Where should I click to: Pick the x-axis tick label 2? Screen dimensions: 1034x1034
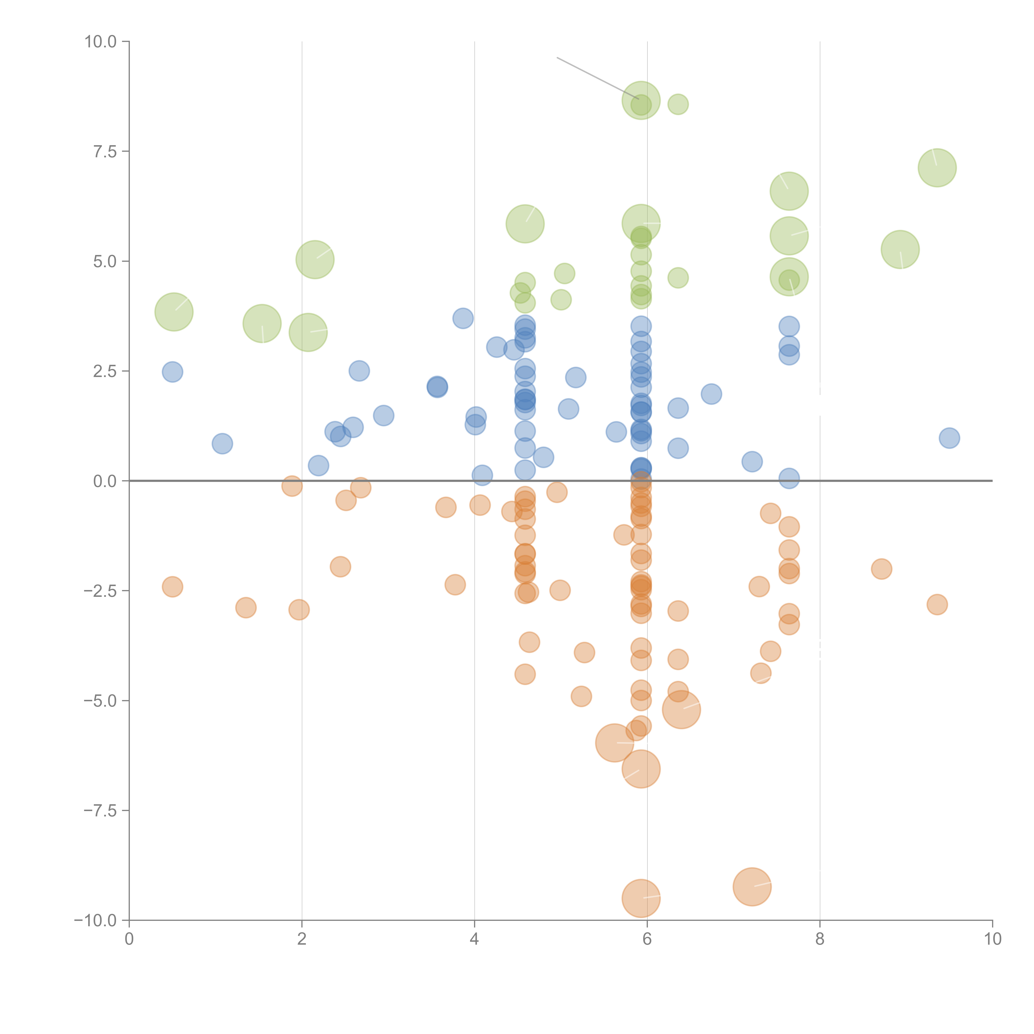(x=302, y=939)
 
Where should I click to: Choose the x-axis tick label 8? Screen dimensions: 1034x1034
(x=820, y=939)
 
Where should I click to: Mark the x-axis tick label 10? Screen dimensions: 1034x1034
(x=992, y=939)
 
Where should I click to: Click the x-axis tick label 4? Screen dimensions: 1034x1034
(x=474, y=939)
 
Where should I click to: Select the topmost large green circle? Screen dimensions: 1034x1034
(x=641, y=101)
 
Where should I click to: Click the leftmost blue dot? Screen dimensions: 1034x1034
(x=172, y=372)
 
